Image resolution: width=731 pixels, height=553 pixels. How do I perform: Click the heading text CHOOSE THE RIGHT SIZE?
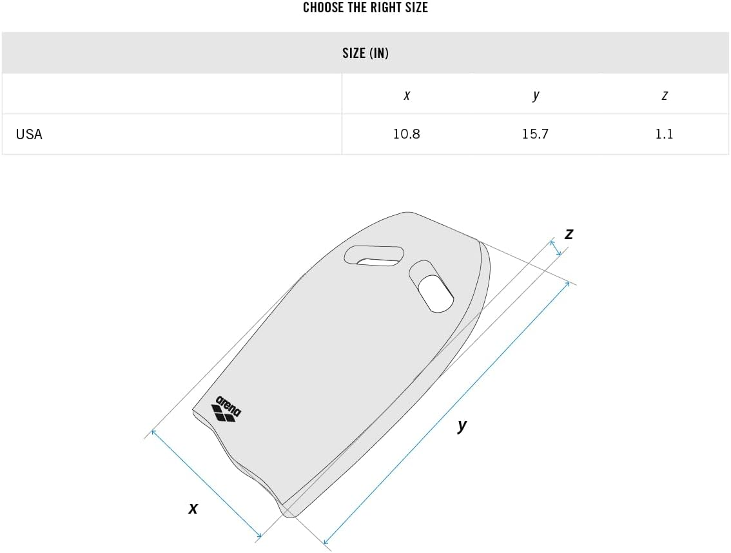pyautogui.click(x=365, y=8)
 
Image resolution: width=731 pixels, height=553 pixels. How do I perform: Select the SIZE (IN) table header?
pyautogui.click(x=365, y=53)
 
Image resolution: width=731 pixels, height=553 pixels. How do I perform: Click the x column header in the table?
pyautogui.click(x=406, y=95)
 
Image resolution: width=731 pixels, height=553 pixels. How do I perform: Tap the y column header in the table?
pyautogui.click(x=535, y=95)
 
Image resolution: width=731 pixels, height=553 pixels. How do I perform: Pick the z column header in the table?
pyautogui.click(x=664, y=95)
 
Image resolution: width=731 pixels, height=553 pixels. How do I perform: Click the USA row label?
pyautogui.click(x=29, y=134)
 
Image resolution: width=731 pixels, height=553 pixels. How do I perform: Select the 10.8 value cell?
pyautogui.click(x=406, y=134)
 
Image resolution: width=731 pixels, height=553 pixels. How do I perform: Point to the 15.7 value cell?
pyautogui.click(x=535, y=134)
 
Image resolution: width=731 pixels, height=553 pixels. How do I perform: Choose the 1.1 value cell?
pyautogui.click(x=664, y=134)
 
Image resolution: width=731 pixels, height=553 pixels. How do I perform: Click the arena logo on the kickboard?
pyautogui.click(x=226, y=409)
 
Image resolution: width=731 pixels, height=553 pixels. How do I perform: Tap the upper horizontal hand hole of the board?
pyautogui.click(x=375, y=256)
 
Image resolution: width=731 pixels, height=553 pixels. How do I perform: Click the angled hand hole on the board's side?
pyautogui.click(x=433, y=287)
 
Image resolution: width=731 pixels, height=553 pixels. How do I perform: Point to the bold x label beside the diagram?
pyautogui.click(x=193, y=509)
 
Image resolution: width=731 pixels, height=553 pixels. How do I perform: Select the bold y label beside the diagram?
pyautogui.click(x=462, y=425)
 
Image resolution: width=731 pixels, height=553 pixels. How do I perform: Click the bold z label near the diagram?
pyautogui.click(x=569, y=234)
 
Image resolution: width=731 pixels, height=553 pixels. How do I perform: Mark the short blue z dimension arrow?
pyautogui.click(x=556, y=247)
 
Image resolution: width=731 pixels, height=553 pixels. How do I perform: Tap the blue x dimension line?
pyautogui.click(x=206, y=483)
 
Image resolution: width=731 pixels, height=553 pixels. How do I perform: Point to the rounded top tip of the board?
pyautogui.click(x=406, y=213)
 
